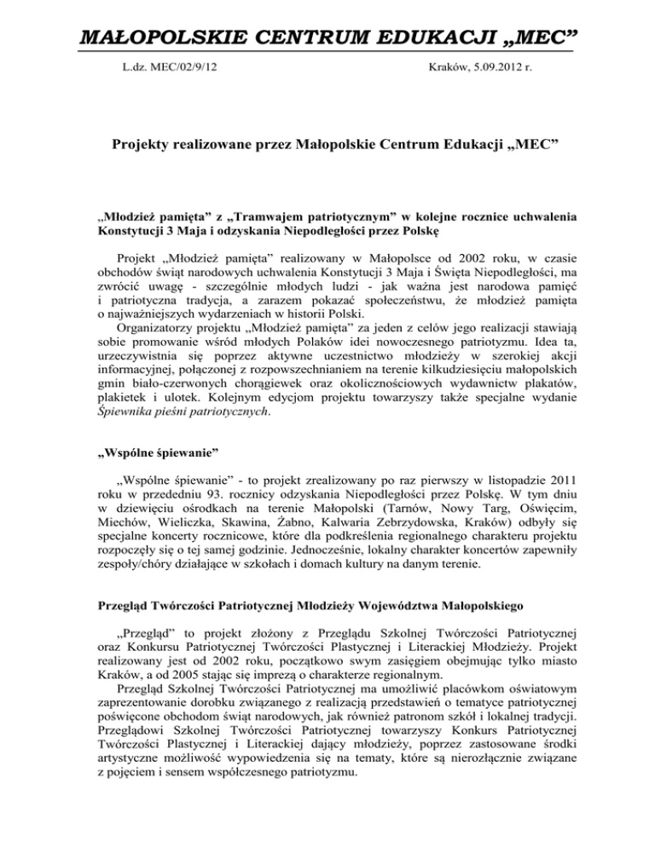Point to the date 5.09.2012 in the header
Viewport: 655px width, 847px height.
pyautogui.click(x=492, y=63)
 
